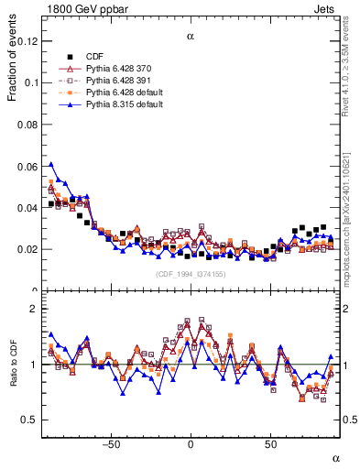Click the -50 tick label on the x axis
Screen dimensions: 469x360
(x=112, y=444)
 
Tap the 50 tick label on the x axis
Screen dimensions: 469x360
(x=270, y=444)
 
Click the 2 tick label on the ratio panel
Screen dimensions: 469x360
(x=34, y=309)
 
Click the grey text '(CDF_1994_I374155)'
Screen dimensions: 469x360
(x=190, y=274)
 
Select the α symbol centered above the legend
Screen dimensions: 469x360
(x=191, y=37)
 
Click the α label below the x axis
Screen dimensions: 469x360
(x=335, y=457)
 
